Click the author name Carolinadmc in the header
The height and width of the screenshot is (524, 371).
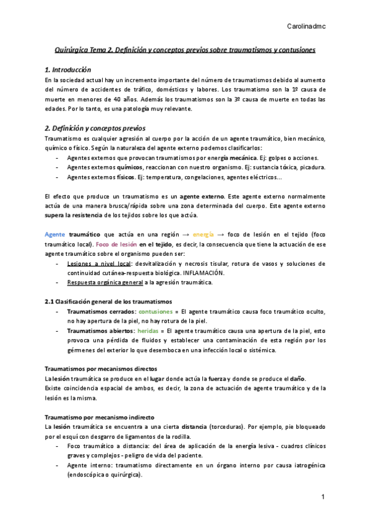point(307,26)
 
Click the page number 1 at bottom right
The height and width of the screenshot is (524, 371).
point(322,497)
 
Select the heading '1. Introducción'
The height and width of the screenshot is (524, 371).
point(72,70)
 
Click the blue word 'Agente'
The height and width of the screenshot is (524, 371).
point(56,235)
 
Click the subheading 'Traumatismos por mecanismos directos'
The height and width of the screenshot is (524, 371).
point(96,368)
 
